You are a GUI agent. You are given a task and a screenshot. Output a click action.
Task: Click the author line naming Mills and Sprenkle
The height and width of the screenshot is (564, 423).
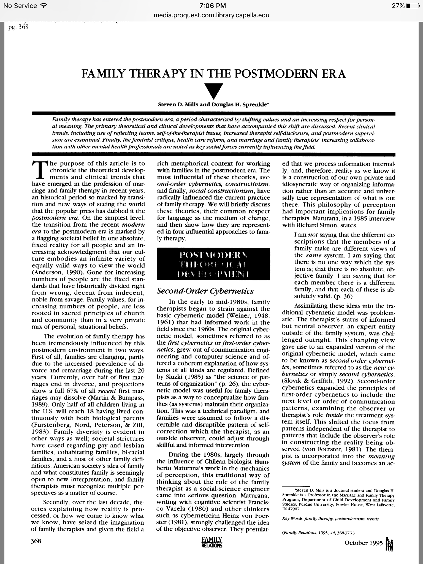coord(213,105)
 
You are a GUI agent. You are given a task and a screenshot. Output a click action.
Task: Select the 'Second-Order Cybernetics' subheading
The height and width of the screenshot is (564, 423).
coord(205,291)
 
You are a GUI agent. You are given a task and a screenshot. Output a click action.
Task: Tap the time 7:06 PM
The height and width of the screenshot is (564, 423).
coord(211,6)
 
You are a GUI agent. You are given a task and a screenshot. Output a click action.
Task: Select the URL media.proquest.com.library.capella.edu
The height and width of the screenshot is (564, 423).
coord(211,15)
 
